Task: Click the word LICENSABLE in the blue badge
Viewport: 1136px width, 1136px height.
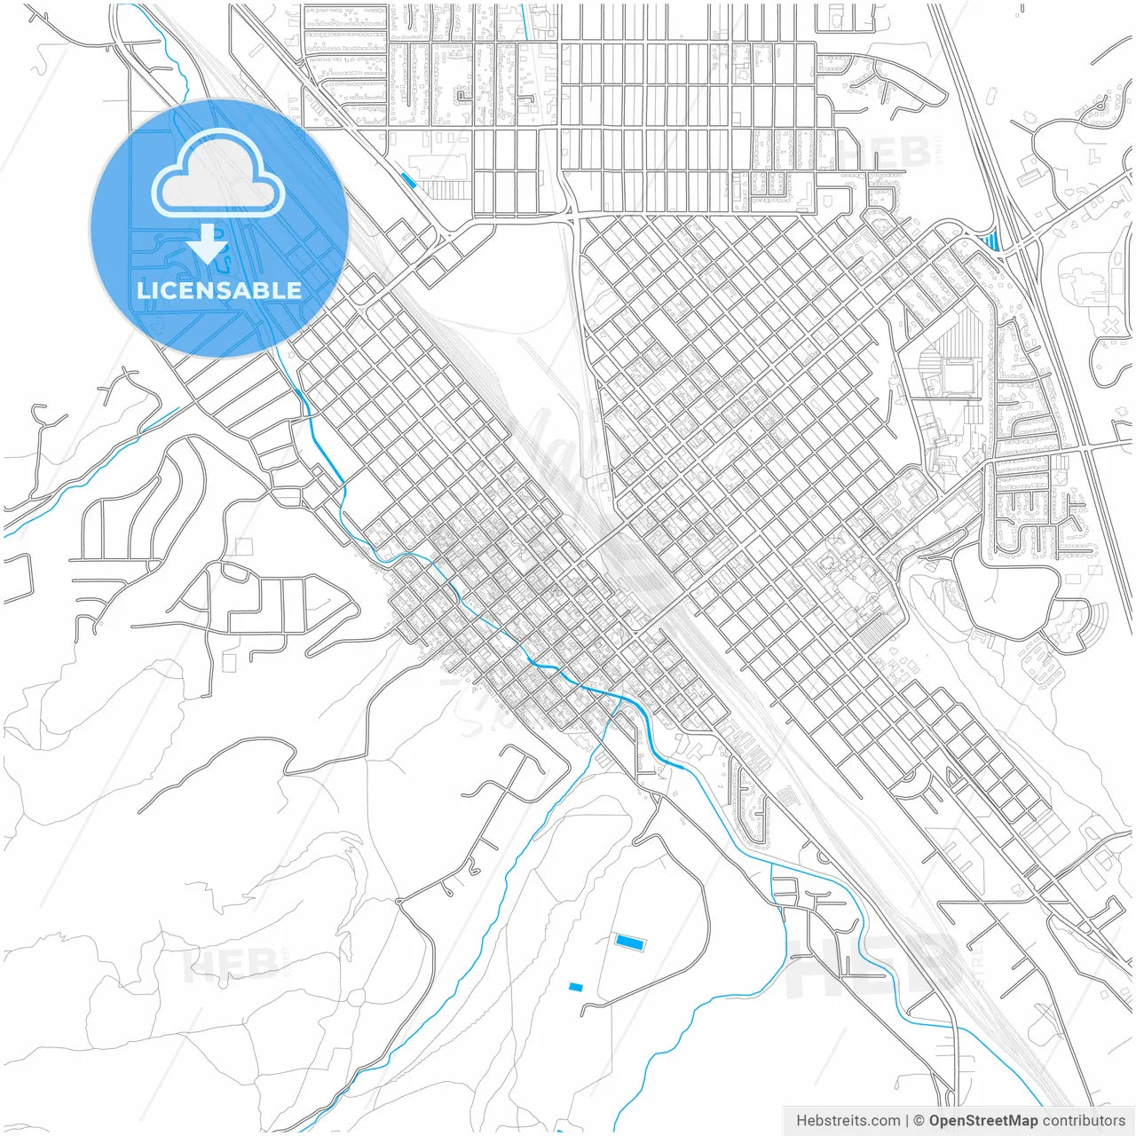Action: (x=219, y=290)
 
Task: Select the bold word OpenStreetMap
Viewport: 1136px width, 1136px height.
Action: (x=983, y=1121)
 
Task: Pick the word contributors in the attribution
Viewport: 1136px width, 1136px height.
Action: (x=1084, y=1121)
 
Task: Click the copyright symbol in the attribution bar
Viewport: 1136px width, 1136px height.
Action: (x=919, y=1121)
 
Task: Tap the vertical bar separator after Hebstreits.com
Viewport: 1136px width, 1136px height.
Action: (x=907, y=1121)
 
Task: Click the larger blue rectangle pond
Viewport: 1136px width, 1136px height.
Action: (x=629, y=941)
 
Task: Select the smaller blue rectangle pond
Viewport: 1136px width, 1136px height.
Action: (x=576, y=987)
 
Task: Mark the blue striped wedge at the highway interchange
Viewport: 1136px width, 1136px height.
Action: (x=990, y=240)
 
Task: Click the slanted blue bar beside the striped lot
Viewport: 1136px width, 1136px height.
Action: (x=408, y=180)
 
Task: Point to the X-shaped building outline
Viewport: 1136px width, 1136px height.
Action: (x=1110, y=326)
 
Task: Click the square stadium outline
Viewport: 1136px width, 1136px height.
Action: (x=958, y=376)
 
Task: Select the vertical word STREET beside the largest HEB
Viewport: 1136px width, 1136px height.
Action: (x=978, y=964)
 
